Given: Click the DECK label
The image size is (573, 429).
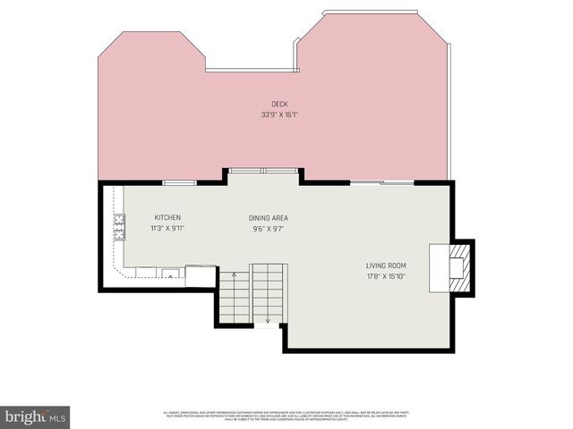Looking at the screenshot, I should point(279,105).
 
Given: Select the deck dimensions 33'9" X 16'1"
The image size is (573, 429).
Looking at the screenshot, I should point(279,114).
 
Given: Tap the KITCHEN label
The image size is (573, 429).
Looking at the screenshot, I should point(167,218).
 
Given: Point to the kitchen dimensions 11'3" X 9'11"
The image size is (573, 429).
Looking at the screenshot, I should point(167,228).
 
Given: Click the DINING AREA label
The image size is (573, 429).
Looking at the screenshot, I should point(268,218).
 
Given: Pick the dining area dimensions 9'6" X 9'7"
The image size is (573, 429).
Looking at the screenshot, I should point(268,228).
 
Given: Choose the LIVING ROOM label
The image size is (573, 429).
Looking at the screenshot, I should point(386,265).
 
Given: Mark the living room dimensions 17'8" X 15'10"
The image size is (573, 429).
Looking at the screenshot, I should point(386,275).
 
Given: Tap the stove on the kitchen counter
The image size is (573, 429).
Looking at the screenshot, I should point(119,227).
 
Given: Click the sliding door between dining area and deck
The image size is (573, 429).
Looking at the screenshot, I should point(262,170).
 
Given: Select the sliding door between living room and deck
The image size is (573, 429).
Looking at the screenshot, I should point(381,182).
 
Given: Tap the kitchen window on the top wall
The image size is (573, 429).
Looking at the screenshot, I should point(179,182).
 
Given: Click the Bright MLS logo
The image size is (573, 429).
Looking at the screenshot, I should point(36,416).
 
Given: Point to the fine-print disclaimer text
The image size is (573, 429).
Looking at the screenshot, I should point(286,415).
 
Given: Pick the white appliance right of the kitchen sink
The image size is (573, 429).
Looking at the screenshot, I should point(201,276).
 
